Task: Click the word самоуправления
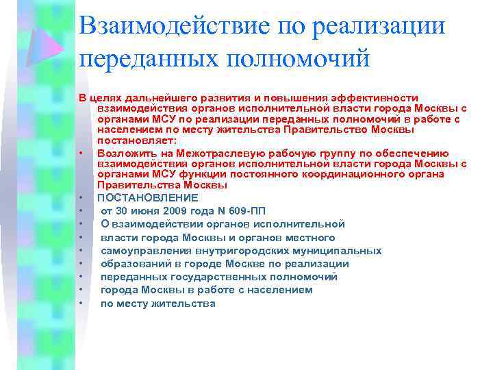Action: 140,251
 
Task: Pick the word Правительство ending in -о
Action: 330,129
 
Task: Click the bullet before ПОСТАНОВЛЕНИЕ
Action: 81,199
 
